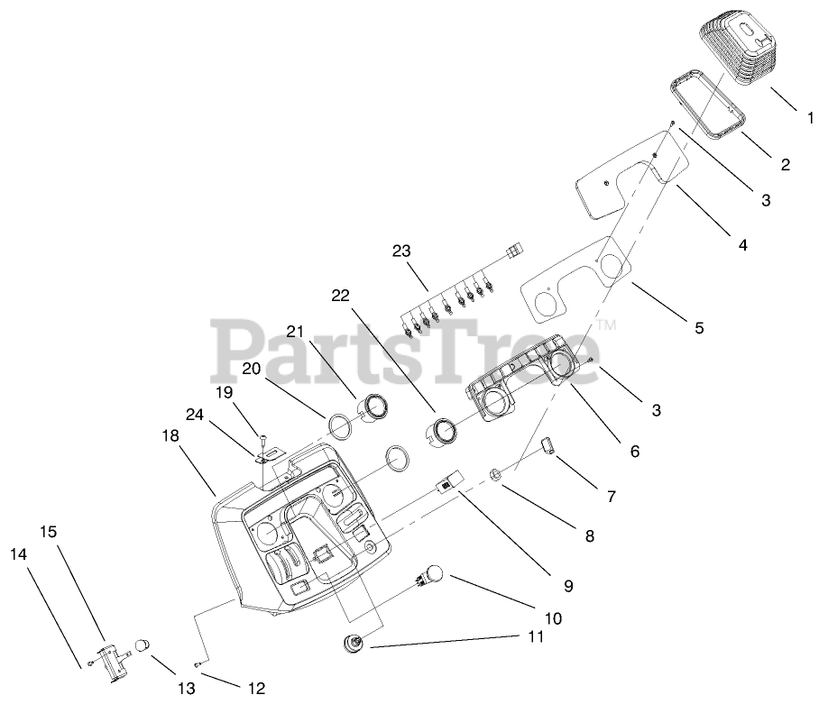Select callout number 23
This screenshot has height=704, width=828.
click(x=401, y=251)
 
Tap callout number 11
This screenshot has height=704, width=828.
click(x=536, y=637)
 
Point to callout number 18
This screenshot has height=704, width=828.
click(x=170, y=435)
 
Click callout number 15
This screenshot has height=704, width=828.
click(x=48, y=532)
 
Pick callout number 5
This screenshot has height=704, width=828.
click(x=699, y=328)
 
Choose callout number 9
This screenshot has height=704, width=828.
click(x=568, y=585)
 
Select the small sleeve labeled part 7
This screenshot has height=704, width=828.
click(x=547, y=445)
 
